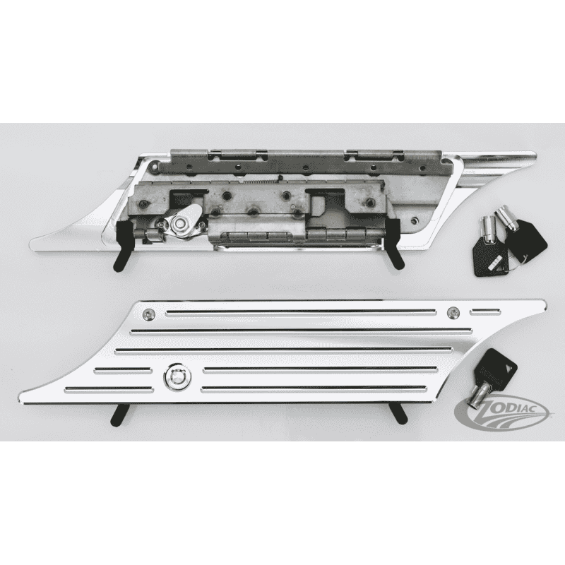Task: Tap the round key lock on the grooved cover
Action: tap(177, 376)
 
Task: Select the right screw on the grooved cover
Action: tap(453, 313)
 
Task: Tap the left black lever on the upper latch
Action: tap(123, 246)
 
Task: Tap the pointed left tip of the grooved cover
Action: tap(19, 400)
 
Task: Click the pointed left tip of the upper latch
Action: tap(30, 244)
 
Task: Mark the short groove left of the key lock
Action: tap(122, 369)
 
